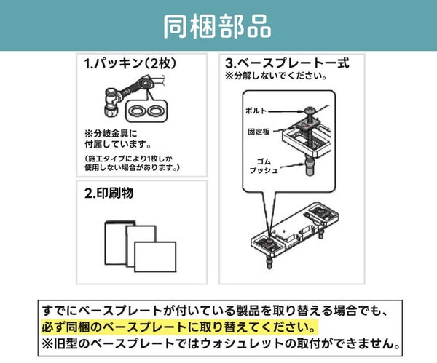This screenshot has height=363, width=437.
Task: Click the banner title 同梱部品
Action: [x=217, y=26]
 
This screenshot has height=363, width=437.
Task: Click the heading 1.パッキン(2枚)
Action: [x=130, y=64]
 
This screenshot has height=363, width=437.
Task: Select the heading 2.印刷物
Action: [x=109, y=193]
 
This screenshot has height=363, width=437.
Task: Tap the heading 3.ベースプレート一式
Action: [x=287, y=63]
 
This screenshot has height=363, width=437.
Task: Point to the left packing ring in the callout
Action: [x=137, y=111]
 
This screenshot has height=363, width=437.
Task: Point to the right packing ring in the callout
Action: [x=156, y=111]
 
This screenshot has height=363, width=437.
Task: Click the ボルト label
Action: [x=256, y=111]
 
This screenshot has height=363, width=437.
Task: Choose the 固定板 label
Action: [x=259, y=132]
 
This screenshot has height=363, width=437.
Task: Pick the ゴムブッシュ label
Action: [x=264, y=166]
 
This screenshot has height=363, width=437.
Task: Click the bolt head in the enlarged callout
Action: [x=310, y=111]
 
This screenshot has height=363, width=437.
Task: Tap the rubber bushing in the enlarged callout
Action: [x=310, y=165]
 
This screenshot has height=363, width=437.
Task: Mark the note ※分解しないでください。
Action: [x=276, y=76]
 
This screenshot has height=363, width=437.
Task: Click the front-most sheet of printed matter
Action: [x=155, y=257]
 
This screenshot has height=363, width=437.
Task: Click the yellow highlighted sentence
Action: [x=178, y=327]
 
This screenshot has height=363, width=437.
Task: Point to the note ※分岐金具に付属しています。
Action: [x=118, y=139]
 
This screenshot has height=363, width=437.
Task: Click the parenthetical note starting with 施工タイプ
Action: [x=133, y=163]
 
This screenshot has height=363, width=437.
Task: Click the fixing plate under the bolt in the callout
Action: [x=308, y=124]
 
